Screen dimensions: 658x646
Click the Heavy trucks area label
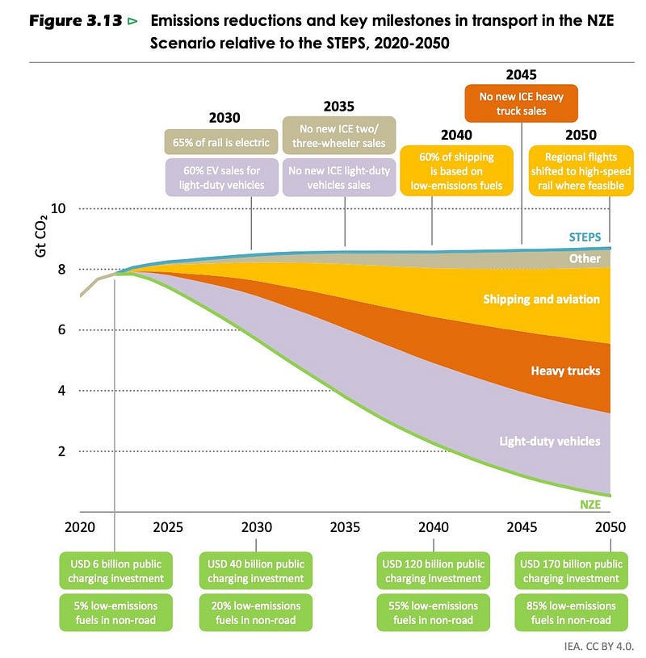pos(565,371)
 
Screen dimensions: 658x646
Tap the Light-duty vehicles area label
pos(550,442)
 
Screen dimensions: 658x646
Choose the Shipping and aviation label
pos(542,300)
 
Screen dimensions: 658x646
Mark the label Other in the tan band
pos(585,259)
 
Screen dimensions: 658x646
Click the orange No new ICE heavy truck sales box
pos(521,103)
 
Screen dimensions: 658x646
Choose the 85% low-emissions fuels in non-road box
pos(569,612)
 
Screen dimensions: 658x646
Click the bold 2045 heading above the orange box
pos(521,75)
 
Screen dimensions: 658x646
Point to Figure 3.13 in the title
pos(78,20)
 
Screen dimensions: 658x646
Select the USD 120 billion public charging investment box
pos(432,571)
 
